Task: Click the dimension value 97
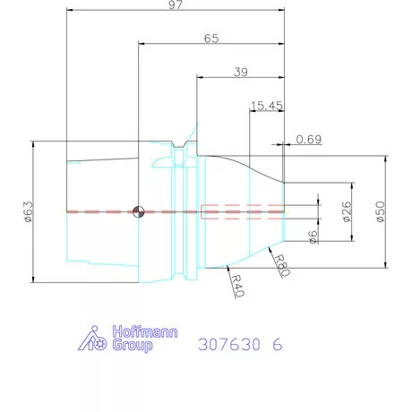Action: [x=175, y=7]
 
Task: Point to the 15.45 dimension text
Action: [x=267, y=106]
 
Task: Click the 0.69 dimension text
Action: [x=308, y=139]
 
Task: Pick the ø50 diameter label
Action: [x=380, y=211]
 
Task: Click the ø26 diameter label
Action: [x=346, y=211]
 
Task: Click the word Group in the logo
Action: [x=131, y=345]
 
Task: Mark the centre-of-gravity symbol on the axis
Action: [x=138, y=211]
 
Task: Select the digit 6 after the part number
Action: [x=277, y=343]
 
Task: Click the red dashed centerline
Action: [x=99, y=211]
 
